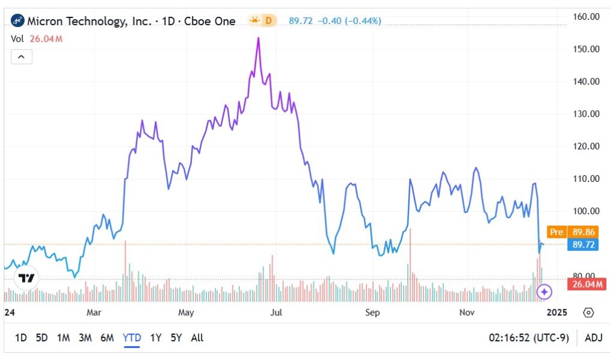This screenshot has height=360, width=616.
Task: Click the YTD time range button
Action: click(x=132, y=338)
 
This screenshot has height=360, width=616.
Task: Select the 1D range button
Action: click(x=20, y=338)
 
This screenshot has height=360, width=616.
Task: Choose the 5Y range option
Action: click(x=176, y=338)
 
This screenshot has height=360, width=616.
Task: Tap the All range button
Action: click(x=197, y=338)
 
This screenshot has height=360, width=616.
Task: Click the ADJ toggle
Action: click(x=593, y=338)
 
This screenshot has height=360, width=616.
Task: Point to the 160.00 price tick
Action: click(x=586, y=16)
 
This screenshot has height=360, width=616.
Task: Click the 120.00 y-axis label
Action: click(x=586, y=146)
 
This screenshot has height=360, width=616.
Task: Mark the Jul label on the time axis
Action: click(x=276, y=312)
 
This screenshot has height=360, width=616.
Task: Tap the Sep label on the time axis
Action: click(x=372, y=312)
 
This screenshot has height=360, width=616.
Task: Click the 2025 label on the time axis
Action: click(x=556, y=312)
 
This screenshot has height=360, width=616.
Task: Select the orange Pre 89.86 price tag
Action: click(x=572, y=231)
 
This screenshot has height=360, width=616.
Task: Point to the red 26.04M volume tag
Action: click(x=586, y=284)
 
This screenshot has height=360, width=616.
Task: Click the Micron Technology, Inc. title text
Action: click(x=90, y=21)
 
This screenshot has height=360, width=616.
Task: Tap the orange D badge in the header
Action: click(x=268, y=21)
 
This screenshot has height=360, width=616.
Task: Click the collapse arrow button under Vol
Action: click(x=21, y=57)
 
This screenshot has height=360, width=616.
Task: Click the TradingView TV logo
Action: click(x=26, y=278)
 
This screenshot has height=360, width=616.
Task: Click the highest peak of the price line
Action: click(x=258, y=38)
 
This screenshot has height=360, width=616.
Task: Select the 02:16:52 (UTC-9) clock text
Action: click(x=528, y=338)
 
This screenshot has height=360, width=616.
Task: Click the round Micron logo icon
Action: click(x=17, y=21)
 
